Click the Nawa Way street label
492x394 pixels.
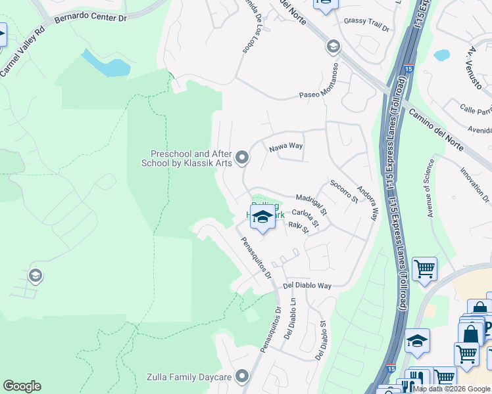[285, 148]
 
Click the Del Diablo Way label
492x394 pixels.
[307, 286]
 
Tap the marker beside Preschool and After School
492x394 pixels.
[243, 157]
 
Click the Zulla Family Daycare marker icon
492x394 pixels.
[243, 376]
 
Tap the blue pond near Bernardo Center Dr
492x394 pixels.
[105, 63]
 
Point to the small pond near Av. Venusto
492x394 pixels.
[440, 55]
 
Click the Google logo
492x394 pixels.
[22, 386]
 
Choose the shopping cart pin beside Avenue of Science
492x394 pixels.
[424, 268]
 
